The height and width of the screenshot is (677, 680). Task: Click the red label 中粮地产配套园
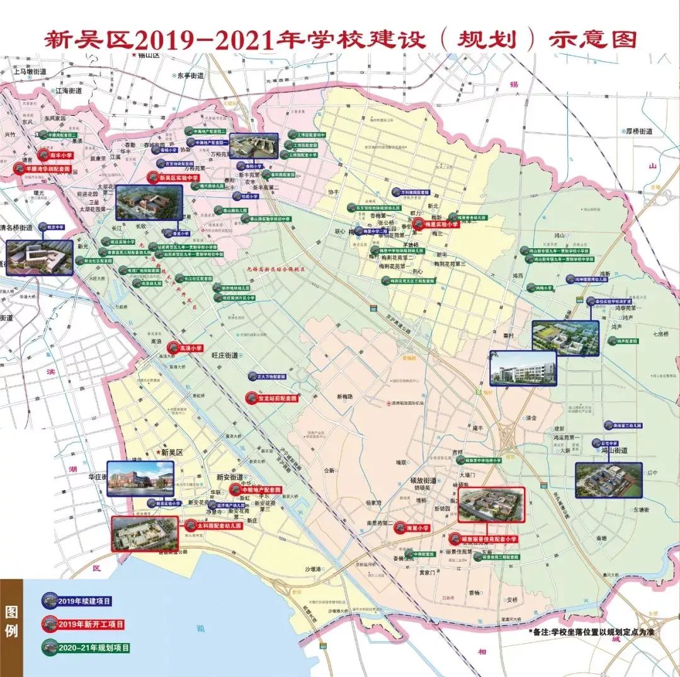258,489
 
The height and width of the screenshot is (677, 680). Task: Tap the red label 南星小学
416,528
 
